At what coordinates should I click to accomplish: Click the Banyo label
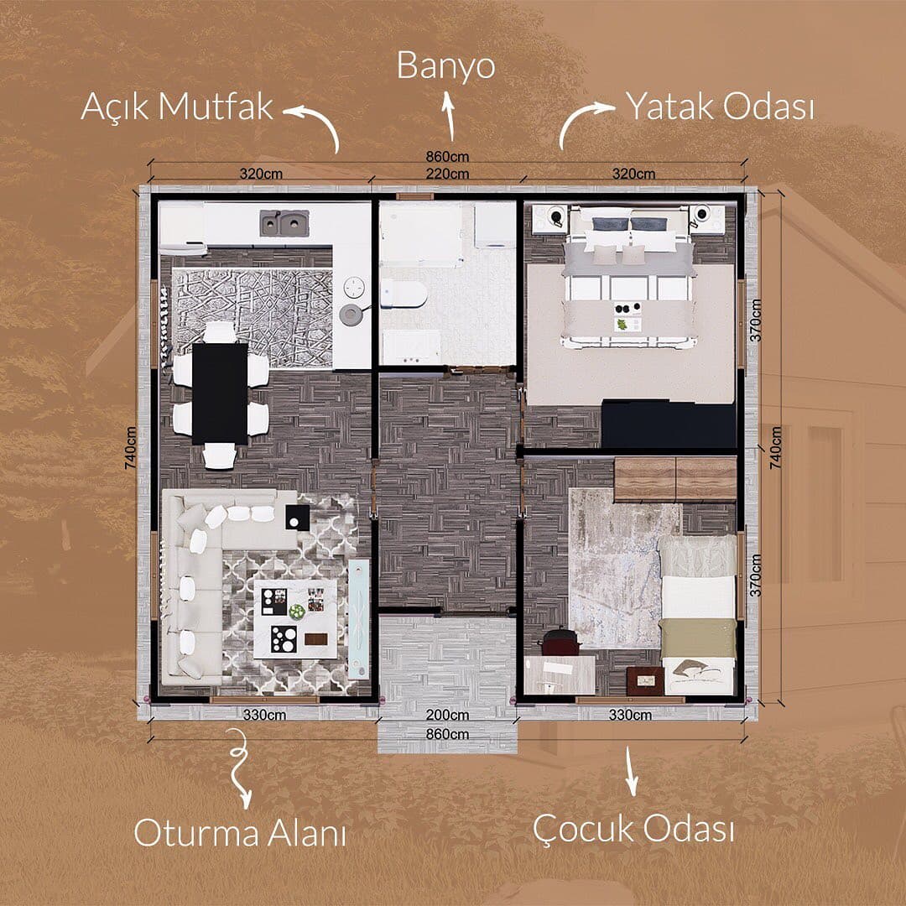445,66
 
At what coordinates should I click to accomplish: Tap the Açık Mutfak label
177,107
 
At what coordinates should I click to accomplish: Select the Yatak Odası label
720,107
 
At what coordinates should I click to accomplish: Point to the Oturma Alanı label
240,833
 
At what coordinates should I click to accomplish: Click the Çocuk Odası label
633,830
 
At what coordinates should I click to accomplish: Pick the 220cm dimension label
447,174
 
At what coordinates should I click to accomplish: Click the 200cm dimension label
447,716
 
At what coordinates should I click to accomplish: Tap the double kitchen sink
284,223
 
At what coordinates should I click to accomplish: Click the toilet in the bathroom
404,294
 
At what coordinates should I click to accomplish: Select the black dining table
220,393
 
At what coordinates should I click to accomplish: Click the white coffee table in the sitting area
295,619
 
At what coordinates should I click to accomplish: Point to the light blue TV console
359,619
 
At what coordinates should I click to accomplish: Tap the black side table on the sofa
298,517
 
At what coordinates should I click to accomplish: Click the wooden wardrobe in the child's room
674,479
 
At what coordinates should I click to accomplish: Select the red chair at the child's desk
560,642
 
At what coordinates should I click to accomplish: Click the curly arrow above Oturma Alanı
239,768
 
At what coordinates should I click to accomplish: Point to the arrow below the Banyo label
448,116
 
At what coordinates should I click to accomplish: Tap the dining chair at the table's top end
220,332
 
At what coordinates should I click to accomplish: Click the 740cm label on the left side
131,448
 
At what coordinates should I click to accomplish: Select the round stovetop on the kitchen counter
354,287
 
